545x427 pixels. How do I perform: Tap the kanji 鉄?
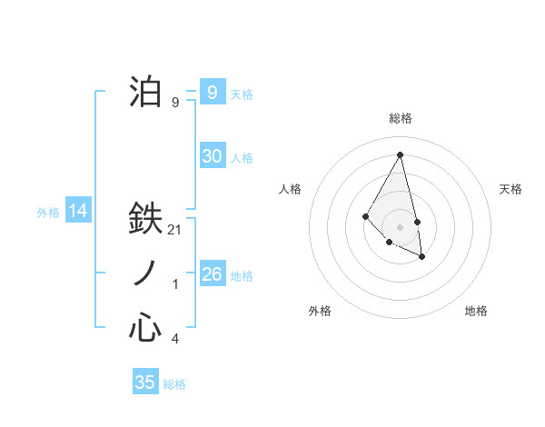coord(145,219)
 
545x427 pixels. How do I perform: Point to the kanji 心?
coord(145,328)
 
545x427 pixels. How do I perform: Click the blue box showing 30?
coord(212,156)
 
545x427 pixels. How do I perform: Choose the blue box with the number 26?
coord(212,274)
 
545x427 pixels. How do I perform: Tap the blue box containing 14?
coord(77,212)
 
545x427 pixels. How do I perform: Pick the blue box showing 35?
coord(145,382)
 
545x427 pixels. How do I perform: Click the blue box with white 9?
coord(212,93)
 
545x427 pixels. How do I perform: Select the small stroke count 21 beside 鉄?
coord(175,231)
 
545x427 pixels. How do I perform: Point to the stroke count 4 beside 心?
coord(175,339)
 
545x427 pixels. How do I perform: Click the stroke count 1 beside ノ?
coord(175,285)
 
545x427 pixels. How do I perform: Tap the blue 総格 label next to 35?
coord(174,384)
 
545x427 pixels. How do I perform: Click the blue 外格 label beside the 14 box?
coord(48,213)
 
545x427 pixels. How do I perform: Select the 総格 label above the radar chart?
coord(400,118)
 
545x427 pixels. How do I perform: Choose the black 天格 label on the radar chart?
coord(510,189)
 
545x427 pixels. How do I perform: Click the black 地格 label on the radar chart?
coord(476,311)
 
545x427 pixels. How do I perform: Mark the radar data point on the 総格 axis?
coord(400,155)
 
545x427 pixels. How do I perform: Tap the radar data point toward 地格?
coord(421,257)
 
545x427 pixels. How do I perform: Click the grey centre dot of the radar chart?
coord(400,226)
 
